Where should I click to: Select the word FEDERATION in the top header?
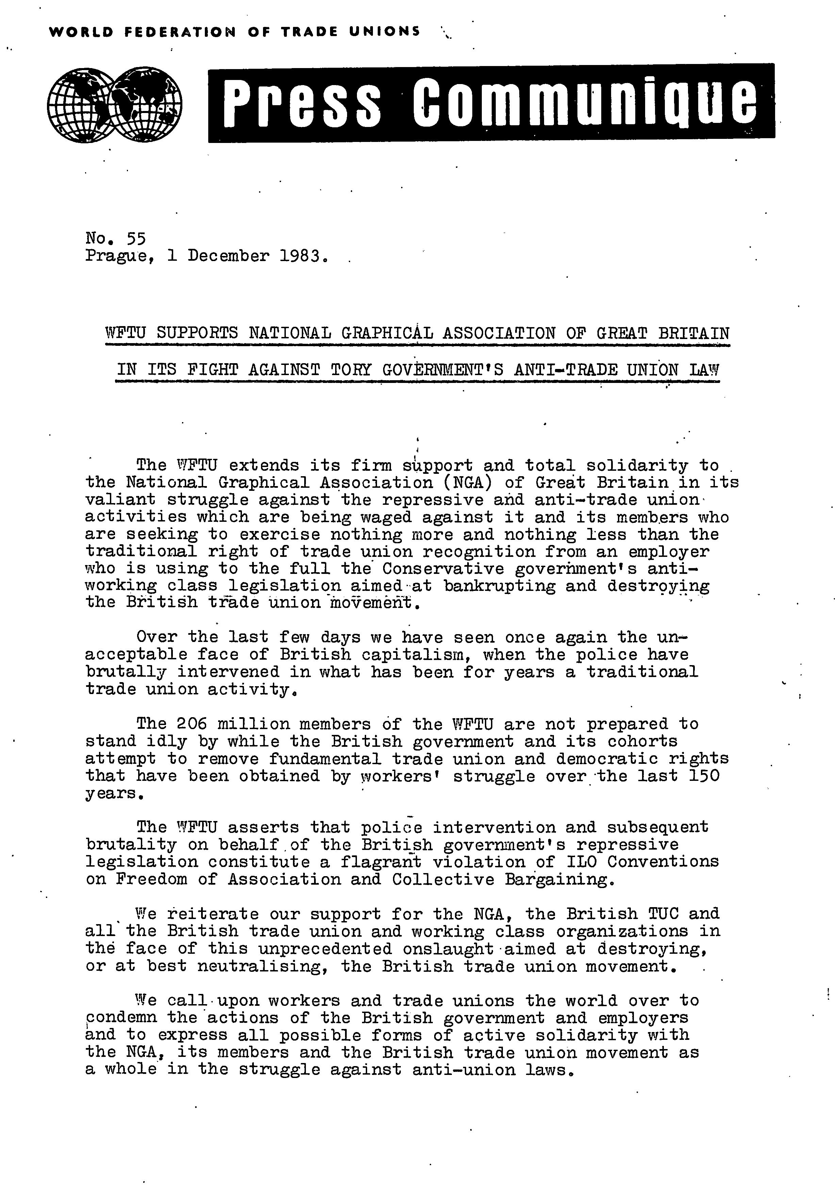click(x=180, y=32)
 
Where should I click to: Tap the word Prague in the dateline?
click(x=117, y=256)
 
